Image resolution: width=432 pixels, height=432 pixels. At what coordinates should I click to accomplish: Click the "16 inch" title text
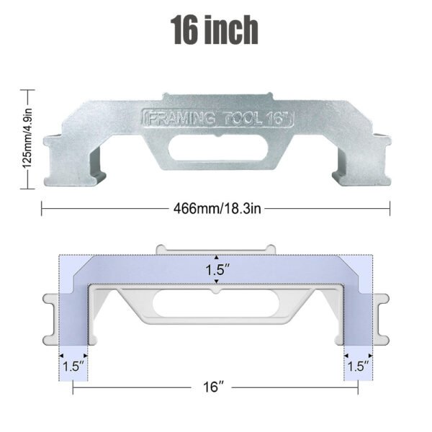tap(215, 31)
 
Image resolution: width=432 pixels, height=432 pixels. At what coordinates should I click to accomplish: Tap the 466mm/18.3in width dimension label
tap(215, 209)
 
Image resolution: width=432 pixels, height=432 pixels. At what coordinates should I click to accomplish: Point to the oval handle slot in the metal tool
tap(215, 146)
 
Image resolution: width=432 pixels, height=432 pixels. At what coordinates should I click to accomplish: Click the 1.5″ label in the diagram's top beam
tap(217, 271)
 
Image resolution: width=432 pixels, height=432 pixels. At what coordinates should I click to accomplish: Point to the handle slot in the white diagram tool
tap(215, 305)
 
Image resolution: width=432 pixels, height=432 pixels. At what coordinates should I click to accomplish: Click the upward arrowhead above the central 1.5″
tap(217, 258)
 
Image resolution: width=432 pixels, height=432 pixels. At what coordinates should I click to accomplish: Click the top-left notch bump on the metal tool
tap(166, 96)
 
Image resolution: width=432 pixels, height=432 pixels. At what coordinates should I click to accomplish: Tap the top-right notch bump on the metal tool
tap(267, 96)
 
